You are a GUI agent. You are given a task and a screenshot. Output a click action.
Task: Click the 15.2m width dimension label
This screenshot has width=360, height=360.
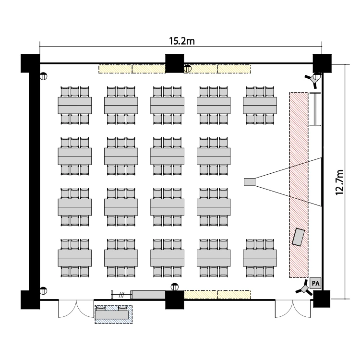[x=181, y=41]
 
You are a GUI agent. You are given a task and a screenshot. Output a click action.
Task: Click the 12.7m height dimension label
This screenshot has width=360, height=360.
[x=340, y=182]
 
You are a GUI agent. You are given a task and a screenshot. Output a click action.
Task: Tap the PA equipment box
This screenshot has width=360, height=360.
[x=315, y=283]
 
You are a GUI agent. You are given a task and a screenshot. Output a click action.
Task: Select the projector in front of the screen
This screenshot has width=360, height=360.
[x=250, y=182]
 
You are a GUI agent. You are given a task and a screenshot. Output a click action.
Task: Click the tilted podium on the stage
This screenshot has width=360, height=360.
[x=299, y=236]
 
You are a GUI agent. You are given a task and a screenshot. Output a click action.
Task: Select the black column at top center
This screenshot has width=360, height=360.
[x=175, y=63]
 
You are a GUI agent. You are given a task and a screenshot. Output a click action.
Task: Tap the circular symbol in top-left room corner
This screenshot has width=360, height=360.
[x=43, y=75]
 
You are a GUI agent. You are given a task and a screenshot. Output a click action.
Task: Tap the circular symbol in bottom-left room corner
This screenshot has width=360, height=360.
[x=43, y=290]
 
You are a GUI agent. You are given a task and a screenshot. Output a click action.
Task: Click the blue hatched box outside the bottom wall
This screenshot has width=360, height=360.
[x=113, y=314]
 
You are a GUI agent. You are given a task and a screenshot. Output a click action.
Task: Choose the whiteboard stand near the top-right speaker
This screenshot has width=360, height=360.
[x=315, y=109]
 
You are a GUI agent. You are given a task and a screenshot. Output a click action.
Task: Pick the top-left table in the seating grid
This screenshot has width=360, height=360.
[x=75, y=105]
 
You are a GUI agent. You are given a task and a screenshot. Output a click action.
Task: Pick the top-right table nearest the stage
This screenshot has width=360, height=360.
[x=260, y=105]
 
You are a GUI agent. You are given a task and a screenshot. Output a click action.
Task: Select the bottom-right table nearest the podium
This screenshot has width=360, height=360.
[x=260, y=258]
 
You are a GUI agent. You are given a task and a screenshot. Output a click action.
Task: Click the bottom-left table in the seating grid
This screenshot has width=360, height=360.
[x=75, y=258]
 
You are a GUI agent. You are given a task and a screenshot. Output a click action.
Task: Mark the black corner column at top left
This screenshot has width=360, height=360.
[x=30, y=63]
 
